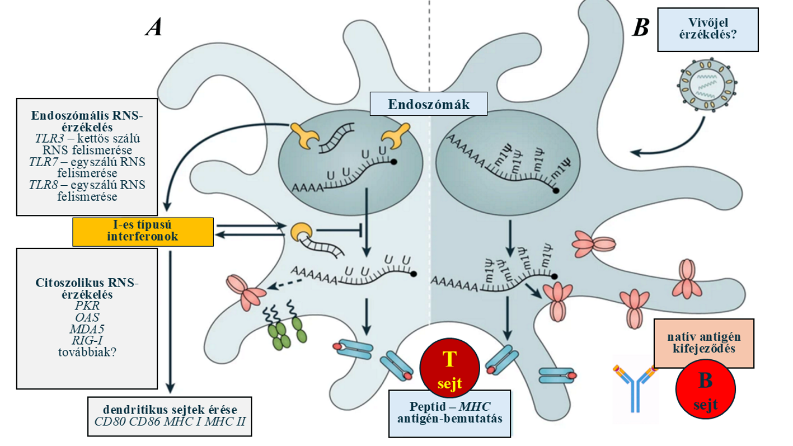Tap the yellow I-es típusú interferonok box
click(143, 231)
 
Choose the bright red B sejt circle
click(705, 389)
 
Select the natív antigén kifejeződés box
click(704, 343)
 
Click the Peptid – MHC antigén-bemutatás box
click(450, 412)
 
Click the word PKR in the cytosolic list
click(87, 306)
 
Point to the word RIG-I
click(87, 340)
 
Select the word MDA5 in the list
click(87, 328)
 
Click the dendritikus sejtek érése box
click(170, 415)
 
